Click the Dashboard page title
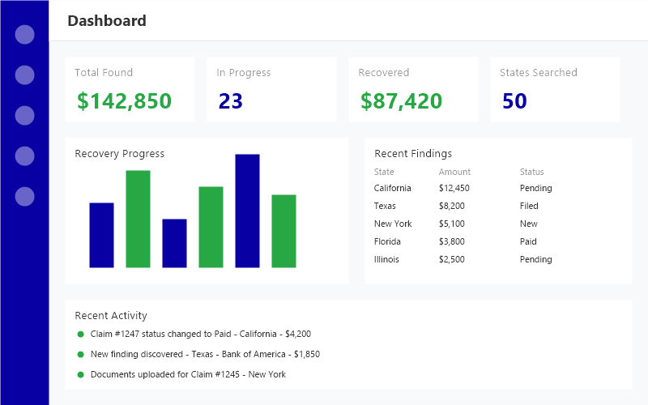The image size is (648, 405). click(107, 21)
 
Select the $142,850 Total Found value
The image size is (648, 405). click(124, 101)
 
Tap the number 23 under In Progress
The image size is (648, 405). click(230, 101)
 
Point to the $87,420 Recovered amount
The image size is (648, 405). click(401, 101)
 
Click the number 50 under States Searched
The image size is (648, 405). click(514, 101)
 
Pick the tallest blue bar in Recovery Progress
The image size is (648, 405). click(247, 211)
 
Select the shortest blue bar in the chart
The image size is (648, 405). click(174, 243)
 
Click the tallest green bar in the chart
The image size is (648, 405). click(138, 219)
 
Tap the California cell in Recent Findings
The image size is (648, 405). click(392, 188)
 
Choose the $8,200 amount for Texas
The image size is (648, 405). click(451, 206)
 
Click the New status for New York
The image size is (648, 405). click(528, 224)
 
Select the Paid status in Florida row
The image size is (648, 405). click(528, 241)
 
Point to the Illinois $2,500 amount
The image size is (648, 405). click(451, 259)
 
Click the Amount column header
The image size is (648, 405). click(454, 172)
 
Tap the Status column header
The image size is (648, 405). click(531, 172)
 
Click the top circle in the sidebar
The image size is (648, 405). click(25, 35)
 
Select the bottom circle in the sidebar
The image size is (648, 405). click(25, 196)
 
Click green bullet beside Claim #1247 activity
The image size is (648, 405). click(80, 334)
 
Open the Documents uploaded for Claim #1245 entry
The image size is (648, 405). click(188, 374)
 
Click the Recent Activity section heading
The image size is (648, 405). click(111, 315)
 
